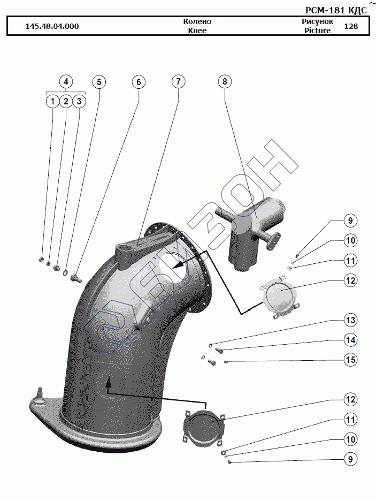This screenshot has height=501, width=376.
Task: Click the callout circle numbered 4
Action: (x=66, y=82)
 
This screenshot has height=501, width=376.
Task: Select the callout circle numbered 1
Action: (x=52, y=101)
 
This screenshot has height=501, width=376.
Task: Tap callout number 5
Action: (x=99, y=82)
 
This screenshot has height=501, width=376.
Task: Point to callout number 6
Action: (x=139, y=82)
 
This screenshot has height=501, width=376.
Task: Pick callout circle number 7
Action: (x=178, y=82)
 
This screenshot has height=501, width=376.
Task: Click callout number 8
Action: (x=225, y=82)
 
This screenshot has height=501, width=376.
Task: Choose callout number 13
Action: (x=350, y=320)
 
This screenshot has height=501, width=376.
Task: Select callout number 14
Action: (x=350, y=340)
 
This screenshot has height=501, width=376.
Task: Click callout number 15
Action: (x=350, y=360)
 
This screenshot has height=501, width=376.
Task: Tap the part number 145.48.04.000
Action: (x=52, y=26)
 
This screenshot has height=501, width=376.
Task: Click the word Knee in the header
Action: (x=197, y=31)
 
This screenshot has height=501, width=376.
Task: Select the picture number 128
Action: (x=351, y=26)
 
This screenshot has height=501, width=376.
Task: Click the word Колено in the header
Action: (x=197, y=21)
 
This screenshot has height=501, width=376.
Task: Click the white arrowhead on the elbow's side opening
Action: (x=175, y=264)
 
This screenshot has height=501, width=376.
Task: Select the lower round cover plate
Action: (x=203, y=428)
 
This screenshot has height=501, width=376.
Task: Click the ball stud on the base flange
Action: (x=39, y=396)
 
